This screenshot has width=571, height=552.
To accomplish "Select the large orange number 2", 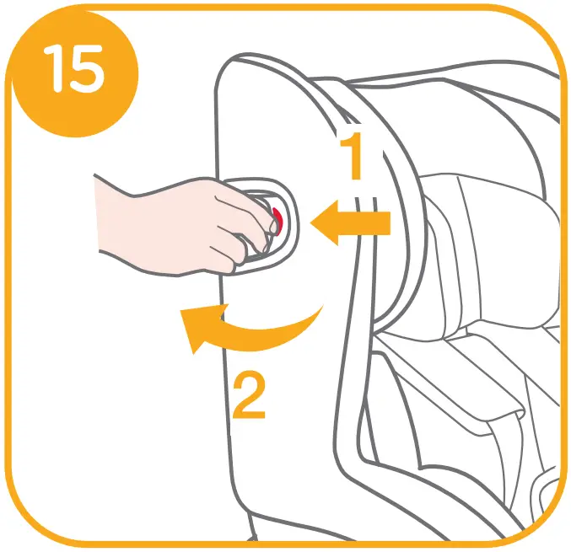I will point(248,394).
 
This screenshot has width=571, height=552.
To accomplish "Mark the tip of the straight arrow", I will point(314,223).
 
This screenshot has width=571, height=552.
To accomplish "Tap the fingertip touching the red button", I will point(275,222).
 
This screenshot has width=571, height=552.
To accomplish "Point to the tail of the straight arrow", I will point(388,223).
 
